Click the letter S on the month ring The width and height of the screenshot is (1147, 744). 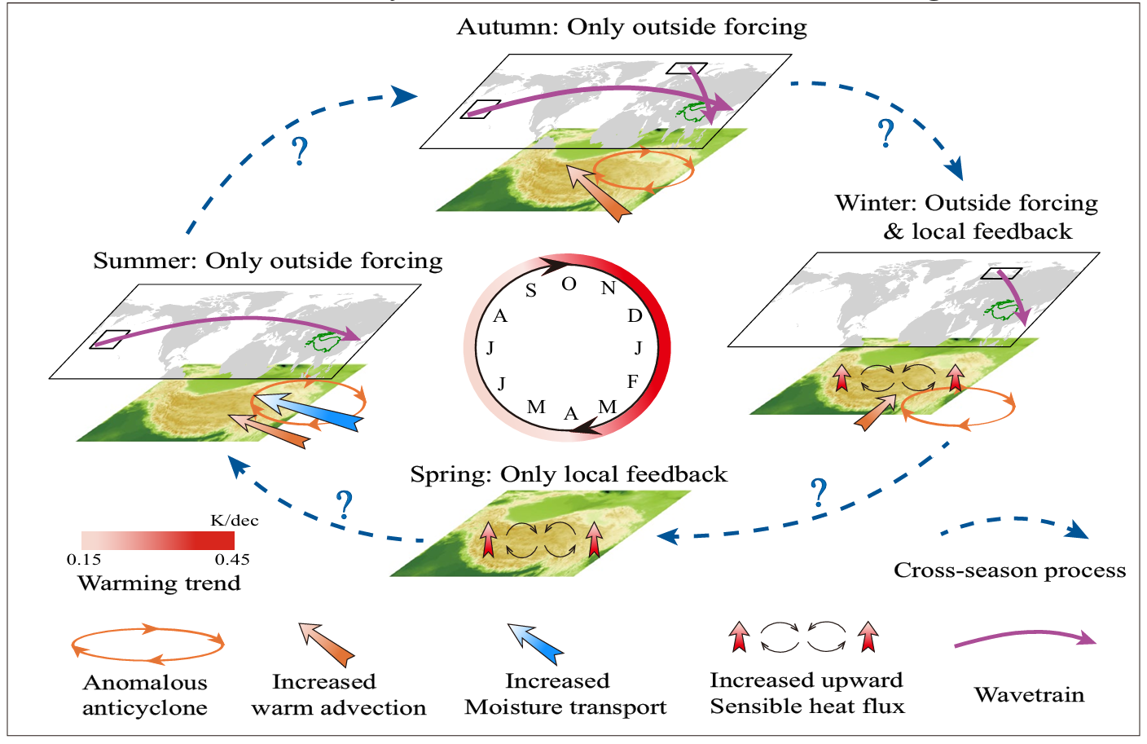coord(530,291)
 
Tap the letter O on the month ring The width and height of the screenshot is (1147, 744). coord(569,284)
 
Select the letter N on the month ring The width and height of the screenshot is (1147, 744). coord(609,288)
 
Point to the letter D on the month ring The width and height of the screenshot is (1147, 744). coord(635,315)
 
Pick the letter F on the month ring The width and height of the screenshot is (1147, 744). coord(632,381)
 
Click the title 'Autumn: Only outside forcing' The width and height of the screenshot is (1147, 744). coord(631,27)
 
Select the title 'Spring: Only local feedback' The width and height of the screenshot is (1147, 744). coord(569,474)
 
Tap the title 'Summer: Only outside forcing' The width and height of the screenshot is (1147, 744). coord(268,261)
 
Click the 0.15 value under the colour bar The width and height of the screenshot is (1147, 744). coord(84,560)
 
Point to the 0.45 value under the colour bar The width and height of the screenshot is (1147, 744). coord(232,560)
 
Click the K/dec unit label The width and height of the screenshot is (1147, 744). coord(235,521)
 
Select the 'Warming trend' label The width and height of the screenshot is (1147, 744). coord(159,583)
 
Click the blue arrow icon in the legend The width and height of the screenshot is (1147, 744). coord(535,644)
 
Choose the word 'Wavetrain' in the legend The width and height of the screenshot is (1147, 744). coord(1029,695)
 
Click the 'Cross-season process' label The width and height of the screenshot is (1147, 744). coord(1009,570)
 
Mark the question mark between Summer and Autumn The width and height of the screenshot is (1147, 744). coord(301,152)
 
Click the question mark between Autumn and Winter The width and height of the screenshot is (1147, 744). coord(886,133)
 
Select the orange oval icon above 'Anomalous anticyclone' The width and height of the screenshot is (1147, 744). coord(147,644)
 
